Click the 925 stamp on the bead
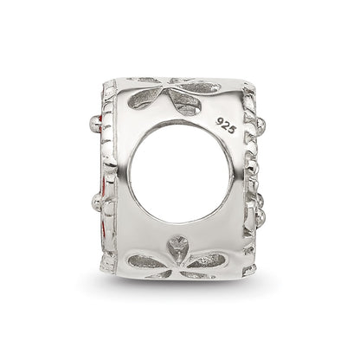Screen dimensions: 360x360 pos(227,125)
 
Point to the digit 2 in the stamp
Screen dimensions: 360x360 pos(227,125)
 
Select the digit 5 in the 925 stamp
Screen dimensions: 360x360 pos(233,130)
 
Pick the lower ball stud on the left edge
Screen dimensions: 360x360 pos(97,200)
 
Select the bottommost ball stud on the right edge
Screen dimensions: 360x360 pos(261,214)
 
